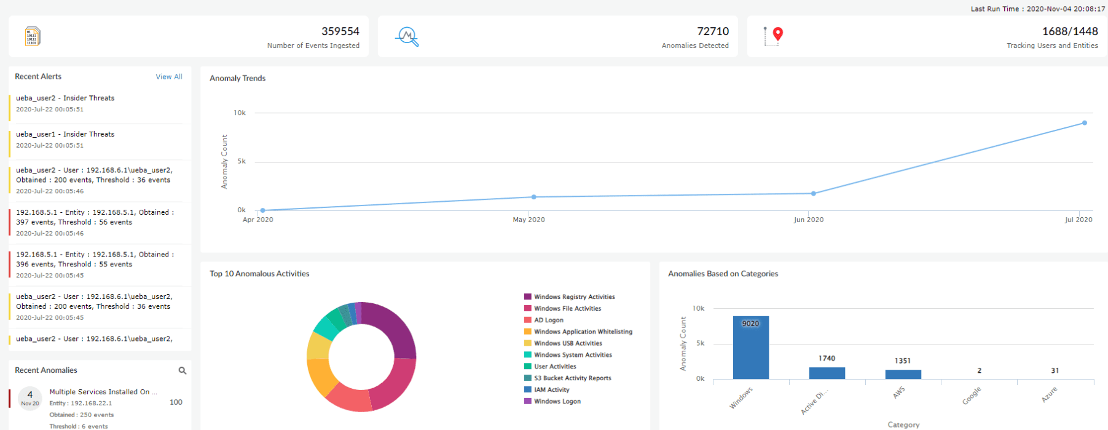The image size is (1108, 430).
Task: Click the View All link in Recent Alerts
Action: click(169, 77)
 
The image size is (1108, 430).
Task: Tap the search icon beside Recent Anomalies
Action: click(183, 370)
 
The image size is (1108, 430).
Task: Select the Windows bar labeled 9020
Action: click(750, 348)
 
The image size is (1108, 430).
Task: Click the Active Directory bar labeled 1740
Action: click(827, 373)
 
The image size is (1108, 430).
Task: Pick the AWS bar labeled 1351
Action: click(903, 374)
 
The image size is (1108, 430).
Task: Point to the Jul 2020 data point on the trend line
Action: click(1085, 123)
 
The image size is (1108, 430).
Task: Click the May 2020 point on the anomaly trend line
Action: click(534, 197)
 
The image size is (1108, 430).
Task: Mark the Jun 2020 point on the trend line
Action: click(814, 193)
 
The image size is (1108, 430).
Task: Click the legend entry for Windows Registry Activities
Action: click(574, 297)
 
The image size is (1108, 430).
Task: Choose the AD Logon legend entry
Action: click(548, 320)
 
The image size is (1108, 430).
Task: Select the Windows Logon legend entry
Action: click(557, 401)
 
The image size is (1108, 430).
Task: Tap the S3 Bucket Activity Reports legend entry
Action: click(572, 378)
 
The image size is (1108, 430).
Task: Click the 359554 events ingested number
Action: click(340, 31)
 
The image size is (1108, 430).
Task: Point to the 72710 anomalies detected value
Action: click(713, 31)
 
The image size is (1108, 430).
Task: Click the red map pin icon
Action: click(778, 34)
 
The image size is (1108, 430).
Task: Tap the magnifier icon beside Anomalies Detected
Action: click(407, 36)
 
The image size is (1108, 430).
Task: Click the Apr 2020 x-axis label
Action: click(258, 220)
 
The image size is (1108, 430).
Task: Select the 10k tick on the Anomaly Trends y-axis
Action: click(240, 113)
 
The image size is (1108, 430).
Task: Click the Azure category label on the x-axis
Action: click(1049, 394)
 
